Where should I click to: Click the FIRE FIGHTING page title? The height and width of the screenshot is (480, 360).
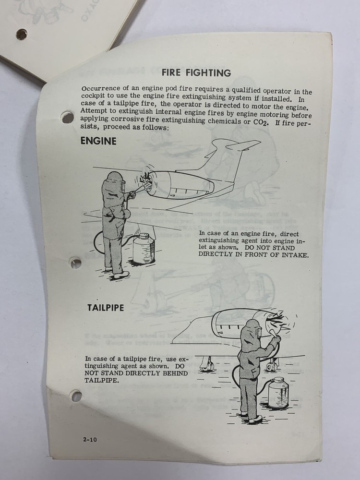[x=196, y=73]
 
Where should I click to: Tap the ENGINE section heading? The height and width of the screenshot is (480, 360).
[x=98, y=141]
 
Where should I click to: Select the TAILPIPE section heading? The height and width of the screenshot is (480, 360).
[x=105, y=308]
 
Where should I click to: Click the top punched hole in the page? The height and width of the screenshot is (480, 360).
[x=68, y=117]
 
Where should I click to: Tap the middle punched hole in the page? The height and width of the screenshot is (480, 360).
[x=75, y=263]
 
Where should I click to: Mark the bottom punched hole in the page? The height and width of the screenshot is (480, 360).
[x=75, y=396]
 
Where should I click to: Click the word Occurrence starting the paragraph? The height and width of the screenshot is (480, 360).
[x=101, y=89]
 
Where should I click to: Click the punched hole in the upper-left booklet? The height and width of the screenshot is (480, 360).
[x=22, y=34]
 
